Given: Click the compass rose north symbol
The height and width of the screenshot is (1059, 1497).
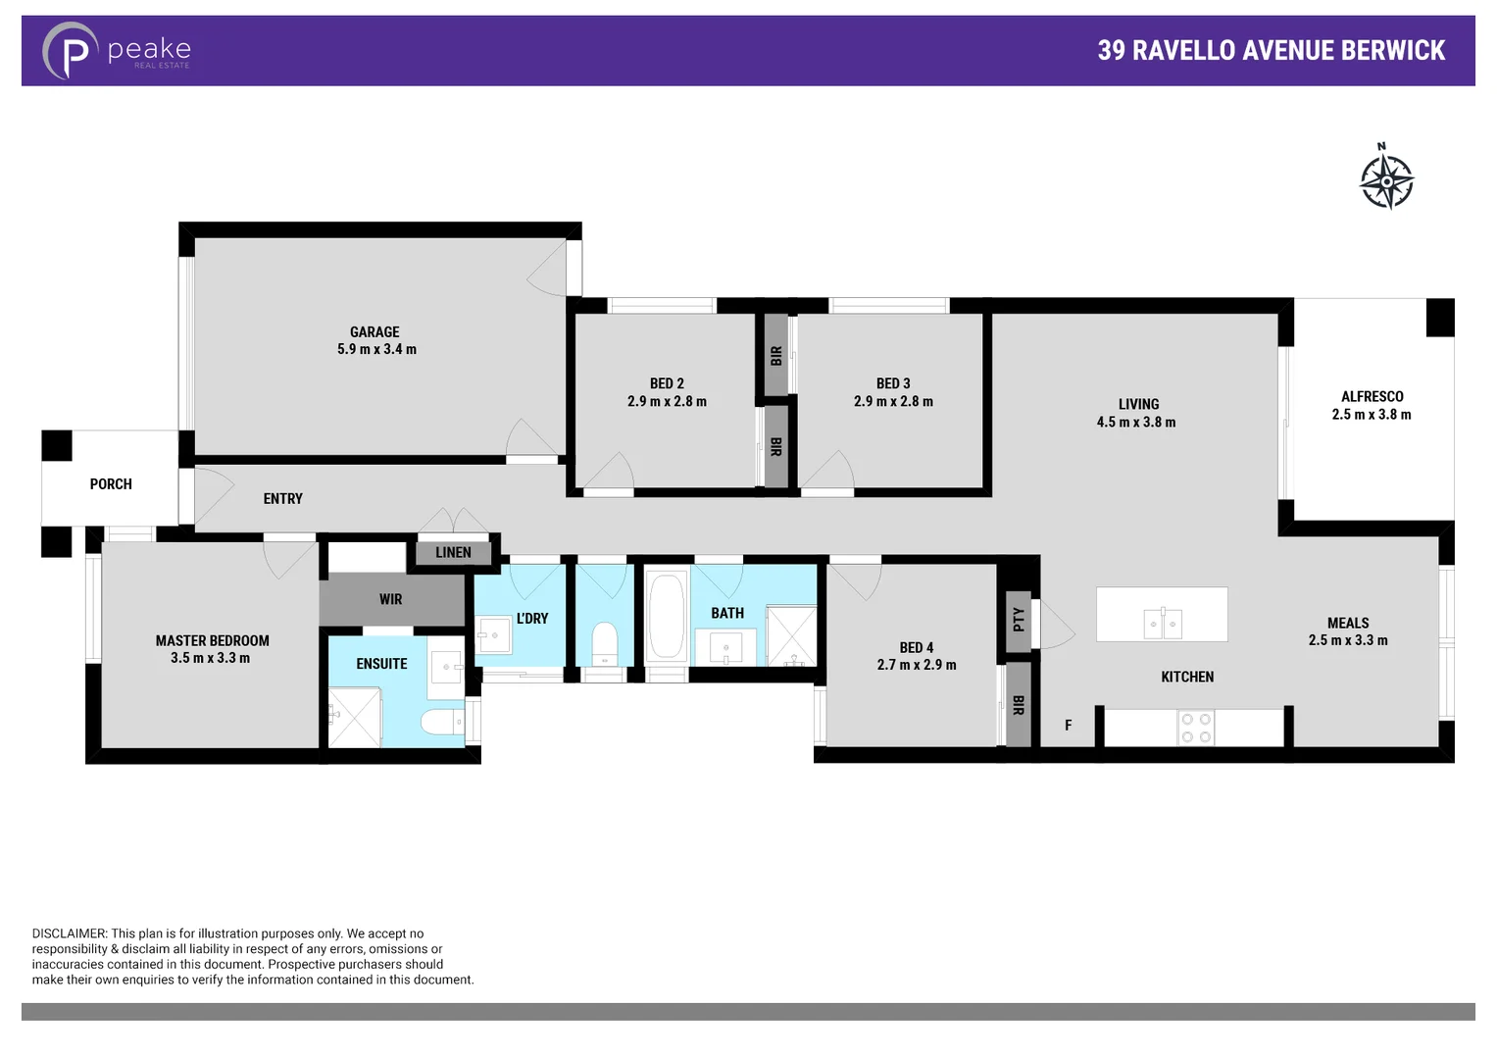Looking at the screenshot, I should [x=1386, y=179].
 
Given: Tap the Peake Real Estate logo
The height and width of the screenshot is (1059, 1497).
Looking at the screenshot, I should [x=116, y=51].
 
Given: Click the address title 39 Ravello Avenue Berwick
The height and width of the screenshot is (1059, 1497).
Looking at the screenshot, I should [x=1271, y=51].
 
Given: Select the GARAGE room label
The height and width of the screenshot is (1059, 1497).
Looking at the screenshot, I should [x=374, y=332].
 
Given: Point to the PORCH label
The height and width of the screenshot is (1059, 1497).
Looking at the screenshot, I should [x=111, y=484].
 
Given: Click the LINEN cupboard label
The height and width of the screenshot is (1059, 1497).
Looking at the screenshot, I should [x=453, y=553].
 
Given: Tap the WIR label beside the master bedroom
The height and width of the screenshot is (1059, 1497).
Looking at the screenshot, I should [x=390, y=600].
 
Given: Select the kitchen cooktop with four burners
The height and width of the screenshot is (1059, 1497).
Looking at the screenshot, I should [x=1196, y=728].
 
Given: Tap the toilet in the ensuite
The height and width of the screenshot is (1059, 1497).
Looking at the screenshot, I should [x=441, y=723].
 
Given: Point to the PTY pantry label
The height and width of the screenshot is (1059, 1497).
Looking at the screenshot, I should [x=1019, y=620].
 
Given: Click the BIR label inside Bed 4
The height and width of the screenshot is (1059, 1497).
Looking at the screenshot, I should [x=1019, y=705].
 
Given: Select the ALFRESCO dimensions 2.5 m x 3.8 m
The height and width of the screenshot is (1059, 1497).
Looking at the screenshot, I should [x=1371, y=415].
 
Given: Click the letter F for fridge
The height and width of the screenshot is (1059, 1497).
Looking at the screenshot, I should [x=1069, y=726].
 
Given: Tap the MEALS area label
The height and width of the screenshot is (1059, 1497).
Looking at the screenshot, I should [x=1348, y=624].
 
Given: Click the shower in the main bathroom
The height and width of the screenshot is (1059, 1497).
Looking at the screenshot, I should [x=790, y=635].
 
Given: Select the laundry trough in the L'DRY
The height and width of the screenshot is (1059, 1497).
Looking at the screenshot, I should [x=493, y=634].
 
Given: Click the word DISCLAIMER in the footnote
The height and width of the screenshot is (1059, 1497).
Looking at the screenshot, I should [x=69, y=934].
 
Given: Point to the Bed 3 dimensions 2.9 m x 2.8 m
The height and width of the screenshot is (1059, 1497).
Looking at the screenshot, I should [x=893, y=402].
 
